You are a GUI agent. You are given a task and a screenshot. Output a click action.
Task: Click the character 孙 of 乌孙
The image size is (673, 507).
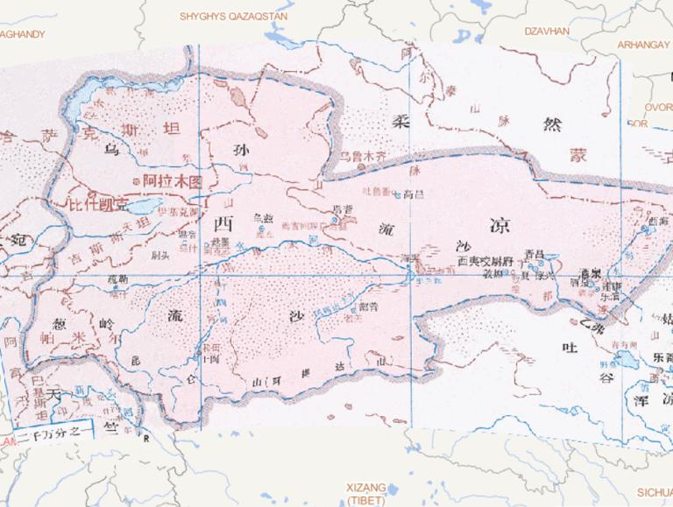pos(240,149)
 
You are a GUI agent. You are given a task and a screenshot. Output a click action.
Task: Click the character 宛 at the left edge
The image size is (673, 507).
pos(18,238)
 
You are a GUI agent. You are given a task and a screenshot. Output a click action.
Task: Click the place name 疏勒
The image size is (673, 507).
pos(117,278)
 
